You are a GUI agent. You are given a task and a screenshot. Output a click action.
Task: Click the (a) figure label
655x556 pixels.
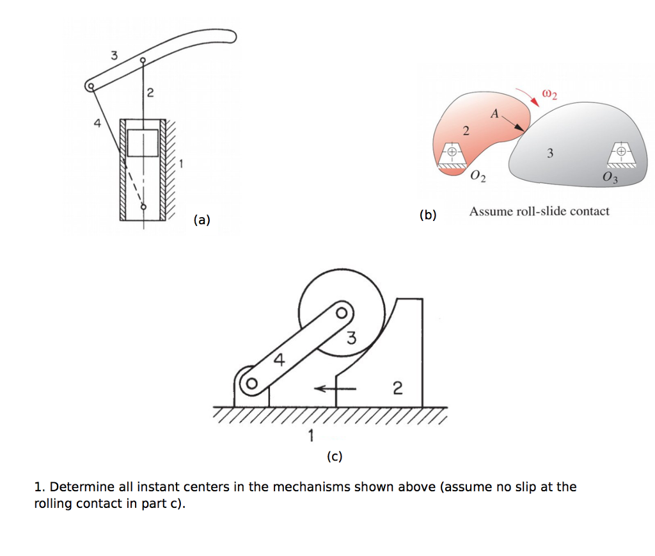click(x=201, y=220)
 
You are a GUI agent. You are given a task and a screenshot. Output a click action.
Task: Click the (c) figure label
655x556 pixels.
click(x=334, y=457)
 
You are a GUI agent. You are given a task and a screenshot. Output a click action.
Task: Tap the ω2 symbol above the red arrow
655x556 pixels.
click(x=549, y=95)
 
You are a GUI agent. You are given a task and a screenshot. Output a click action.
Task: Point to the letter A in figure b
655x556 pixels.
click(x=494, y=115)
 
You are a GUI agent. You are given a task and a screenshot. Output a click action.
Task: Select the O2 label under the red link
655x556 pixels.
click(x=477, y=177)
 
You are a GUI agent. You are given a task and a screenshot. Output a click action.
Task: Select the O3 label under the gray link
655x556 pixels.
click(x=610, y=177)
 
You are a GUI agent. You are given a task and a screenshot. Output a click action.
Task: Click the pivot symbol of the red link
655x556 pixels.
click(x=451, y=152)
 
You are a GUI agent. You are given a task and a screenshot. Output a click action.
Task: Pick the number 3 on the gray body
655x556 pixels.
click(x=550, y=153)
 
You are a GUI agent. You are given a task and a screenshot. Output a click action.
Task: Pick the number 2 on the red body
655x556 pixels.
click(x=466, y=132)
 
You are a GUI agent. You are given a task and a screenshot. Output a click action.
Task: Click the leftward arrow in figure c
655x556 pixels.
click(x=338, y=388)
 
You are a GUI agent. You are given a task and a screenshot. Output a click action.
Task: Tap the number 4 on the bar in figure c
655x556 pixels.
click(x=279, y=360)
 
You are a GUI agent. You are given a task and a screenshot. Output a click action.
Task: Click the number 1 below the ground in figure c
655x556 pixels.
click(x=311, y=437)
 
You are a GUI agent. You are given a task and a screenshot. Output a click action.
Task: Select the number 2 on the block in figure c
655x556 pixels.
click(x=397, y=389)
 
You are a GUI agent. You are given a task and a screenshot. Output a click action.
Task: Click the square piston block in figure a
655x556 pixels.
click(x=142, y=142)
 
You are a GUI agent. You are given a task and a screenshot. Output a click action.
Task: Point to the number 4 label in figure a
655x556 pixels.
click(x=97, y=124)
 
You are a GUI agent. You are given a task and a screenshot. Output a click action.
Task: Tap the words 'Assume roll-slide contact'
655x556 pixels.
click(x=539, y=211)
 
